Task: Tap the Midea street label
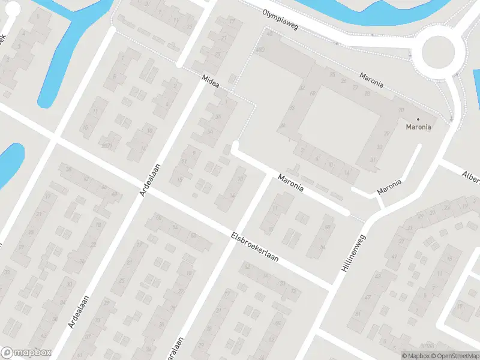211,82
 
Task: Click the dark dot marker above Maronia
418,119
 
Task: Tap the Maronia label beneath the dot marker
418,127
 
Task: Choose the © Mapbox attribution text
416,356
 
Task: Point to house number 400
260,49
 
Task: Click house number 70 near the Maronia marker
401,110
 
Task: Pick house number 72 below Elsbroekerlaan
293,291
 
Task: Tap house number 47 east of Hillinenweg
368,298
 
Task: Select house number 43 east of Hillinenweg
377,276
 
